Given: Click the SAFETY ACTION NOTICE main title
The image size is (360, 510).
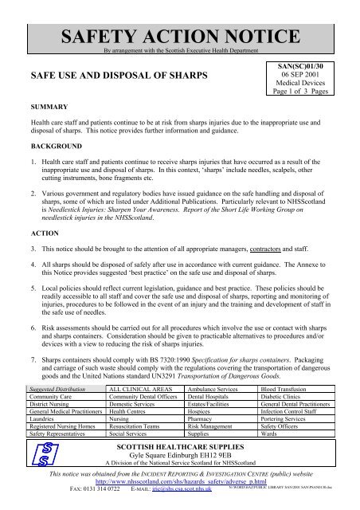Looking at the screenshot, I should pyautogui.click(x=180, y=17).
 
